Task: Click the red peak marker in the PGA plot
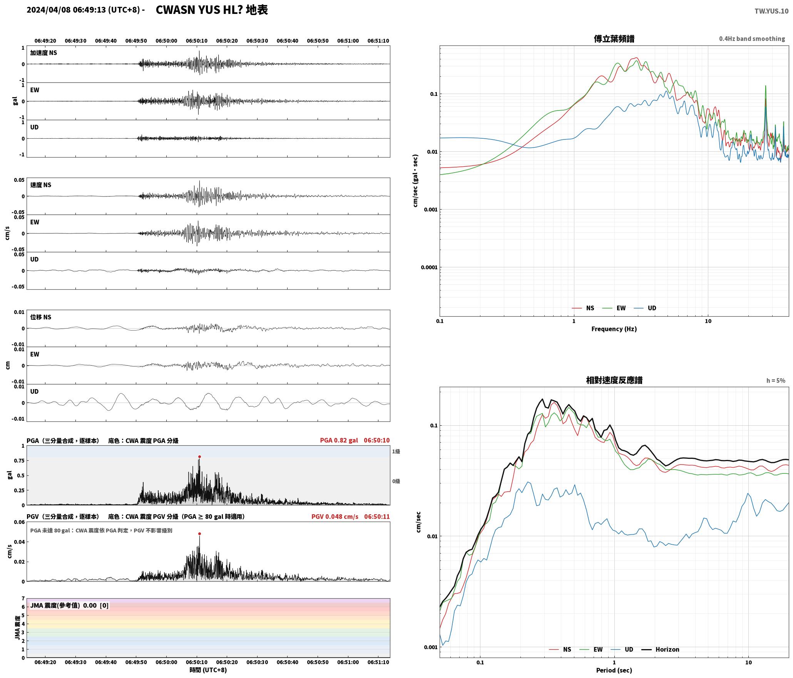click(x=199, y=457)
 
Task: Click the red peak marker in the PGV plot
click(x=199, y=534)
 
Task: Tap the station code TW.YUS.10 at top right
click(x=771, y=11)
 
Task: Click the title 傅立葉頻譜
click(x=614, y=39)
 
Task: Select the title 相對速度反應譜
click(x=614, y=380)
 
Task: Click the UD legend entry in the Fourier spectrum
click(x=645, y=308)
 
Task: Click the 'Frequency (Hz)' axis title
click(x=614, y=329)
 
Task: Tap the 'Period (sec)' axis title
click(x=614, y=670)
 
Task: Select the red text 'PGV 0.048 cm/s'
click(x=335, y=517)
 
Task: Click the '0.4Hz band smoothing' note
click(x=752, y=39)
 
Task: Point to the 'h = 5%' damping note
click(x=776, y=381)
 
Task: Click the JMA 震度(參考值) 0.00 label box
click(x=69, y=606)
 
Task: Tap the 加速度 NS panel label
click(x=43, y=53)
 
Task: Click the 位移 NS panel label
click(x=41, y=317)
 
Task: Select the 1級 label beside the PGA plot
click(x=396, y=451)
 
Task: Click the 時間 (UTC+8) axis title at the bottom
click(x=208, y=670)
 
